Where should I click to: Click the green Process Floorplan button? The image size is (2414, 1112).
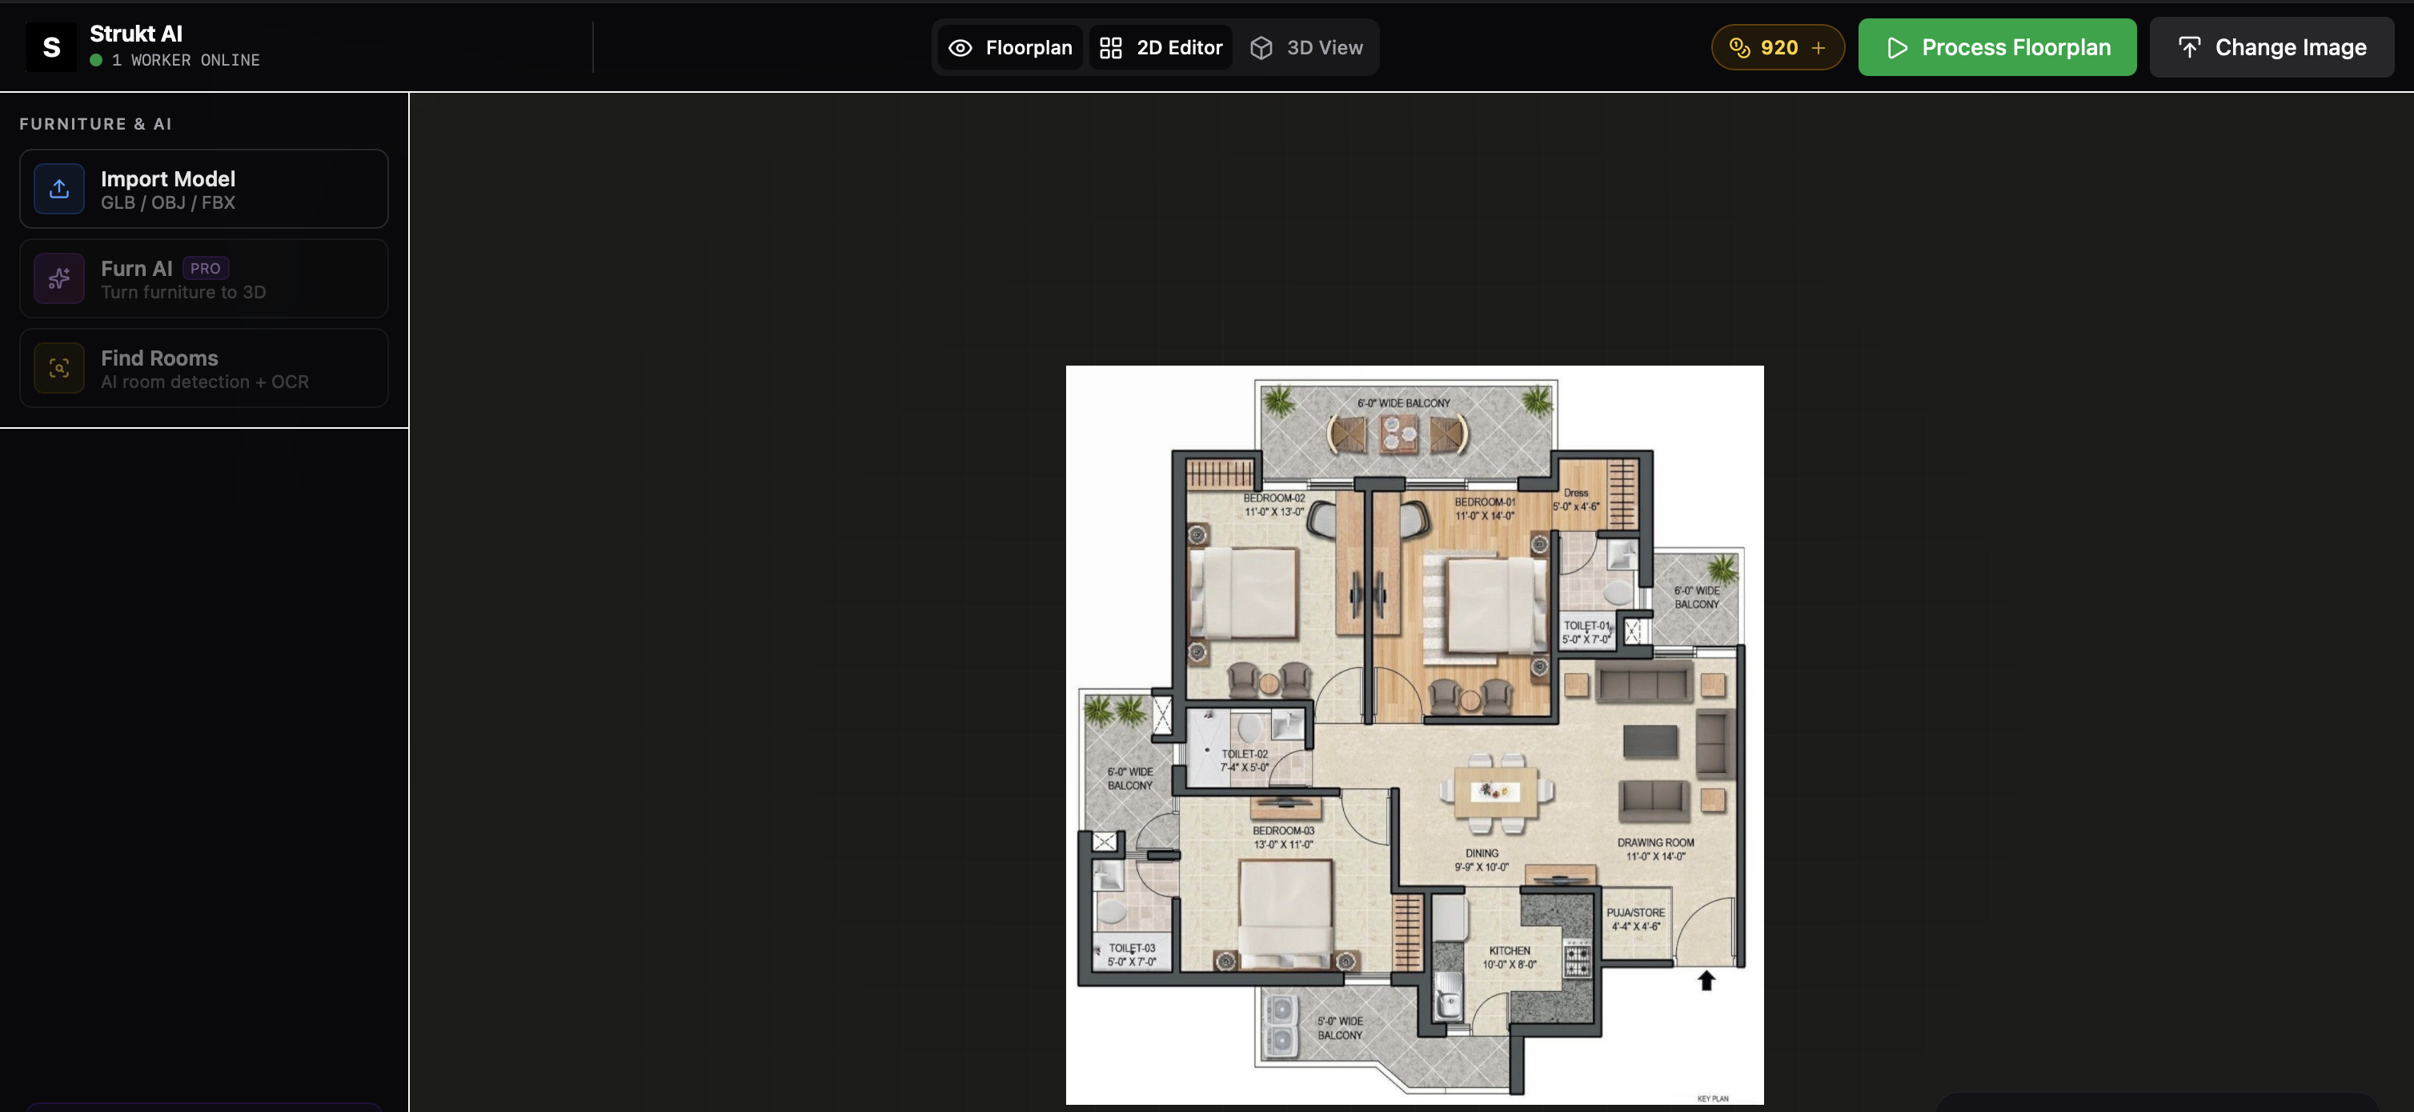[1997, 47]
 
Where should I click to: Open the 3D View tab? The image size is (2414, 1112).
[1307, 47]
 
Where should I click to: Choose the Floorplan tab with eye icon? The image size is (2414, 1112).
[1010, 47]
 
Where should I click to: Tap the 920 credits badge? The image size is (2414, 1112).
[1778, 47]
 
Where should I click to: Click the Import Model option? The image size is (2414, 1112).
[204, 188]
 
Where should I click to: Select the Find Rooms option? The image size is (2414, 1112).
[204, 368]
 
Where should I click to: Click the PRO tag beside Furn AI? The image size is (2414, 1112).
[205, 268]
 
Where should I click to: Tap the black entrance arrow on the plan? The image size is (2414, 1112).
[1706, 980]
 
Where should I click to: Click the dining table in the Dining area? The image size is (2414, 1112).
[1496, 793]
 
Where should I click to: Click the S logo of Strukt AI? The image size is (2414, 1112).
[51, 47]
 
